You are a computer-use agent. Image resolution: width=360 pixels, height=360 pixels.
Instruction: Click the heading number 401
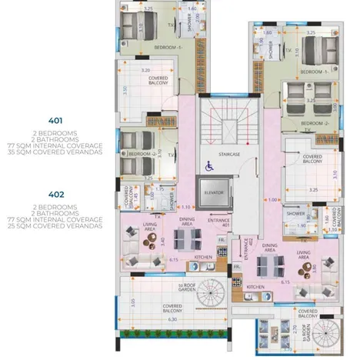point(55,121)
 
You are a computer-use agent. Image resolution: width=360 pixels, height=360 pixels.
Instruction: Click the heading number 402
point(55,195)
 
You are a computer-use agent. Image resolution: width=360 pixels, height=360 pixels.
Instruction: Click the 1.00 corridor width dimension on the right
point(273,200)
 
